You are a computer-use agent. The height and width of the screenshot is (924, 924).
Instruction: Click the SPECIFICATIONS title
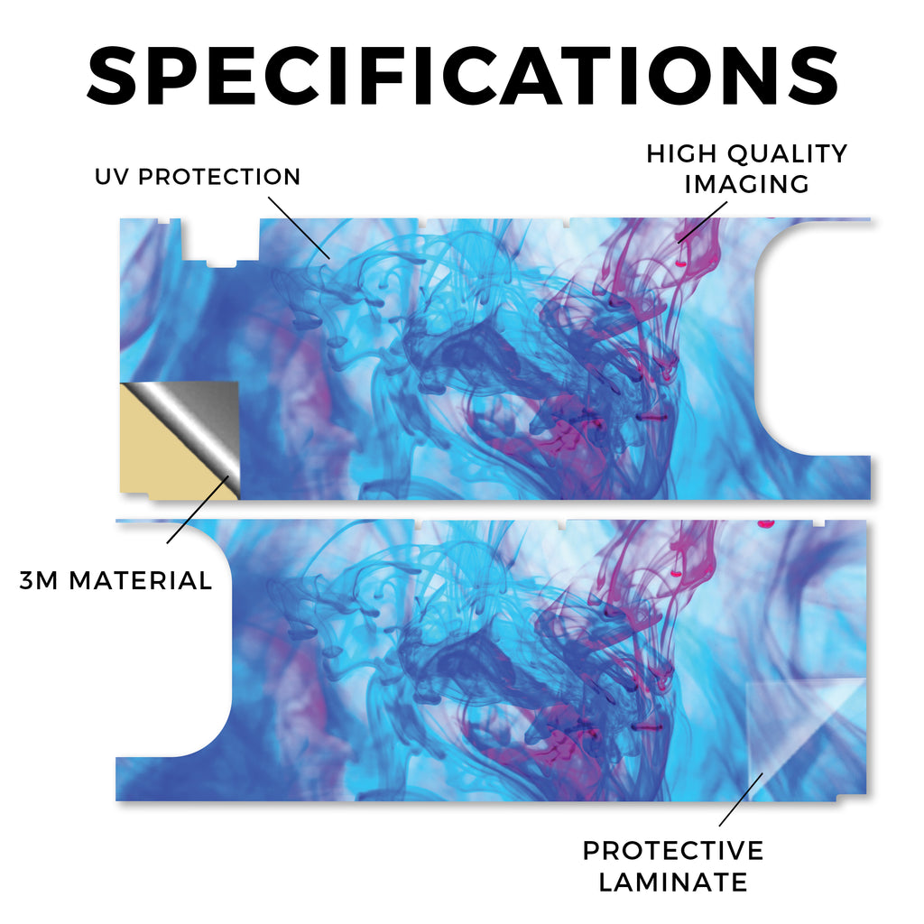[x=463, y=76]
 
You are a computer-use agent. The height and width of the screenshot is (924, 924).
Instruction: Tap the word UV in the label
[x=112, y=177]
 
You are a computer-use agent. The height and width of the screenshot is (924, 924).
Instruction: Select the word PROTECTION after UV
[x=219, y=177]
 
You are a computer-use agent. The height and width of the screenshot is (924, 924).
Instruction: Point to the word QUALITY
[x=787, y=153]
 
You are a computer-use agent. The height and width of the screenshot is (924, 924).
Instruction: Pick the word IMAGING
[x=746, y=184]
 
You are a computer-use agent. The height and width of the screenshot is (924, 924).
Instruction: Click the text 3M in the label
[x=39, y=581]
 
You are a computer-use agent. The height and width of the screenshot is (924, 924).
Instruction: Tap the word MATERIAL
[x=141, y=581]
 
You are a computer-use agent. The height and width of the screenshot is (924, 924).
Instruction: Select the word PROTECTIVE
[x=673, y=851]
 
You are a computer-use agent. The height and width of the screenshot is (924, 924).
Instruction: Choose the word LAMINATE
[x=673, y=882]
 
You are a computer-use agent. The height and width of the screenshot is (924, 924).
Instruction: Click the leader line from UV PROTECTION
[x=300, y=227]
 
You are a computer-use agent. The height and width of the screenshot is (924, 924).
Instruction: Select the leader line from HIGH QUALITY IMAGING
[x=702, y=222]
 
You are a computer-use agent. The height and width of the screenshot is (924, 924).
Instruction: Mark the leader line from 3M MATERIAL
[x=198, y=510]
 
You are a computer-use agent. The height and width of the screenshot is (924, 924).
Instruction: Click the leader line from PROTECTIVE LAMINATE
[x=742, y=799]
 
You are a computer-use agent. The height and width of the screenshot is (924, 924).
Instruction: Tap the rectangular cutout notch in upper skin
[x=220, y=242]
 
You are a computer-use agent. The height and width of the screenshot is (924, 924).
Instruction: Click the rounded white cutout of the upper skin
[x=813, y=339]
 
